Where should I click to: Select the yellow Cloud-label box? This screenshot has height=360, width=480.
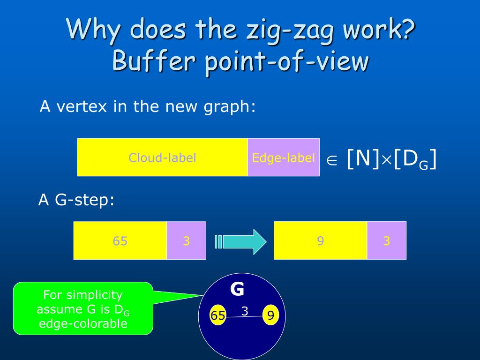click(x=162, y=157)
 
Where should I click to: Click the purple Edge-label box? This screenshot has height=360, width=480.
click(x=283, y=157)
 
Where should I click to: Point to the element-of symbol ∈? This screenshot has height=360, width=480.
click(x=332, y=160)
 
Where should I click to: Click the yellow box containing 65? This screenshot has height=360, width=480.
click(x=120, y=240)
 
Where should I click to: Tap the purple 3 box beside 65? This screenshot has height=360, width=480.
click(x=186, y=240)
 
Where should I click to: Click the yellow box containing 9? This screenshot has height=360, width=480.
click(x=320, y=240)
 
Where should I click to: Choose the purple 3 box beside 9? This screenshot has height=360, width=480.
click(x=386, y=240)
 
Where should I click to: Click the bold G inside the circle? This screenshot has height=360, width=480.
click(x=237, y=289)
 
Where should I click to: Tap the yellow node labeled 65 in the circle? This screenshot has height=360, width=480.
click(x=218, y=315)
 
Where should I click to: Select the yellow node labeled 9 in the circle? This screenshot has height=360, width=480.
click(x=270, y=315)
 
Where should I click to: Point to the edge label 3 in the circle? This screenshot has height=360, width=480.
click(x=244, y=310)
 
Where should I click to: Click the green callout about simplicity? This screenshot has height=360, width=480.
click(x=83, y=308)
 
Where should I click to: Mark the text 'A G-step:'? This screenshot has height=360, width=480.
click(x=76, y=200)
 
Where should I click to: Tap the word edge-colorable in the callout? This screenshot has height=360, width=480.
click(x=83, y=323)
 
